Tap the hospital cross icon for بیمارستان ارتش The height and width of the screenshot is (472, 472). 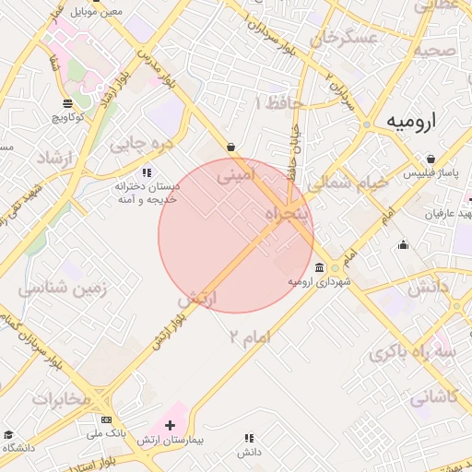click(x=169, y=423)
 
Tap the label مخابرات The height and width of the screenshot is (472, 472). click(x=62, y=398)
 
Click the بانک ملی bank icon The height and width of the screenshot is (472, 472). click(x=106, y=419)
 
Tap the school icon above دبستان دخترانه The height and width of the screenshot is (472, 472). click(x=146, y=172)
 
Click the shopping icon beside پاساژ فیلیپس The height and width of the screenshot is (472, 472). click(x=408, y=172)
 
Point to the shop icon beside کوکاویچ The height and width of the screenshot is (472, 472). click(x=66, y=103)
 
